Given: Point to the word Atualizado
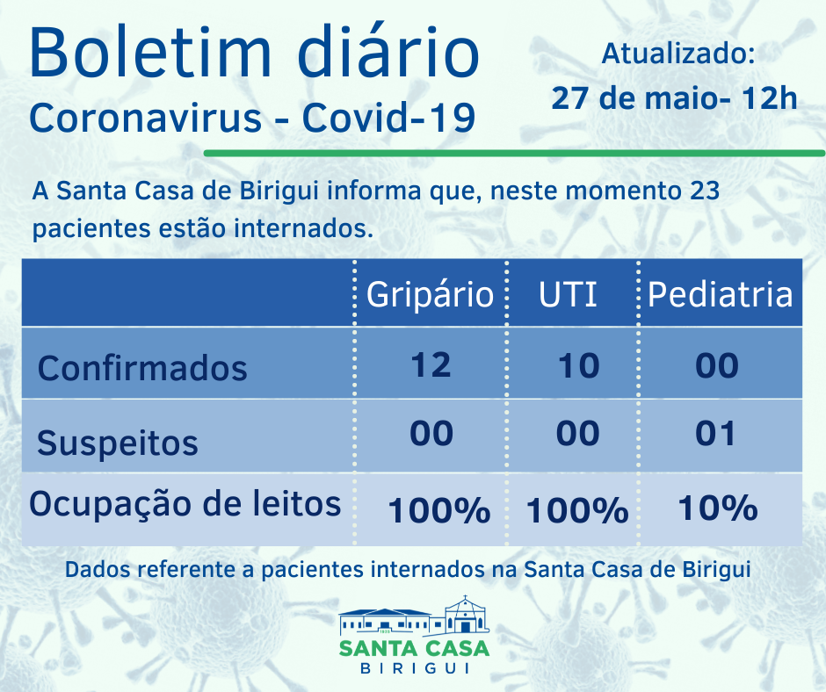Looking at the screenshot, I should click(x=677, y=54).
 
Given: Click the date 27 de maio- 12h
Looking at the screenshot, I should click(x=674, y=97).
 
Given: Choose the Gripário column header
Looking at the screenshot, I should click(x=430, y=294).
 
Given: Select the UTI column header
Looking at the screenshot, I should click(x=568, y=294).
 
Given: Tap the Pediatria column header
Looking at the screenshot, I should click(x=720, y=294).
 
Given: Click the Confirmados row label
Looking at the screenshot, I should click(x=142, y=367).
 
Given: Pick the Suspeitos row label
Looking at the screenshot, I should click(x=117, y=442).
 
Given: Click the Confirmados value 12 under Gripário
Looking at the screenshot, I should click(x=431, y=364).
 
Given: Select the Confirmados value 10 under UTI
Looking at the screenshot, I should click(x=578, y=364).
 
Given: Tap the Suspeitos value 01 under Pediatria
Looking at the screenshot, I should click(x=715, y=434).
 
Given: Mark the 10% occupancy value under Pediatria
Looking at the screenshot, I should click(x=717, y=508).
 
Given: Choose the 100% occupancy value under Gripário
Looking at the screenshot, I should click(x=438, y=509).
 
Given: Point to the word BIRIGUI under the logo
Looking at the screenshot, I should click(x=414, y=668).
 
